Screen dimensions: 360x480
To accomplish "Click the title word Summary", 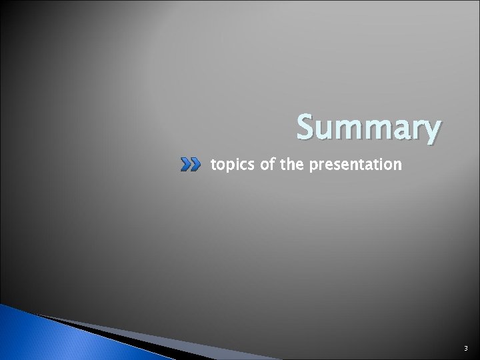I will click(369, 128).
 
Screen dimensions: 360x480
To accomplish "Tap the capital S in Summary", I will click(307, 127).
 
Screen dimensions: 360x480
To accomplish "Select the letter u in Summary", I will click(327, 129).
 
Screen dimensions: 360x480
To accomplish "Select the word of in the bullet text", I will click(267, 163).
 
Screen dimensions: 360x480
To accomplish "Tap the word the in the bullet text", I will click(291, 163).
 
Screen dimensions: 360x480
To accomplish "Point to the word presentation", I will click(354, 164).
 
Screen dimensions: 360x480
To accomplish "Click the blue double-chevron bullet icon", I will click(191, 164).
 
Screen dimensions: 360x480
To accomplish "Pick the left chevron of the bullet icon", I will click(186, 164).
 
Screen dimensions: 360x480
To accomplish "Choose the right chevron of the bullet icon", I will click(195, 164).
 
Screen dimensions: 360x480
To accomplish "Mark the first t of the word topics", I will click(213, 163).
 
